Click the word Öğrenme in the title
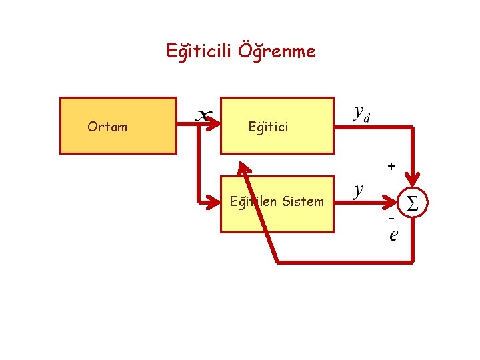click(279, 51)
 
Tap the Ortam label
click(107, 127)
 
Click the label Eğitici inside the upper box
click(268, 127)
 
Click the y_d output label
click(361, 113)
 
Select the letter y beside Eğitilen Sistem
click(359, 190)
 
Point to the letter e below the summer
click(393, 235)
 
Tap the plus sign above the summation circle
click(391, 165)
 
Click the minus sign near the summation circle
click(392, 219)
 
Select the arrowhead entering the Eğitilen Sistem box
click(215, 199)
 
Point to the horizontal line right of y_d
click(393, 126)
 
